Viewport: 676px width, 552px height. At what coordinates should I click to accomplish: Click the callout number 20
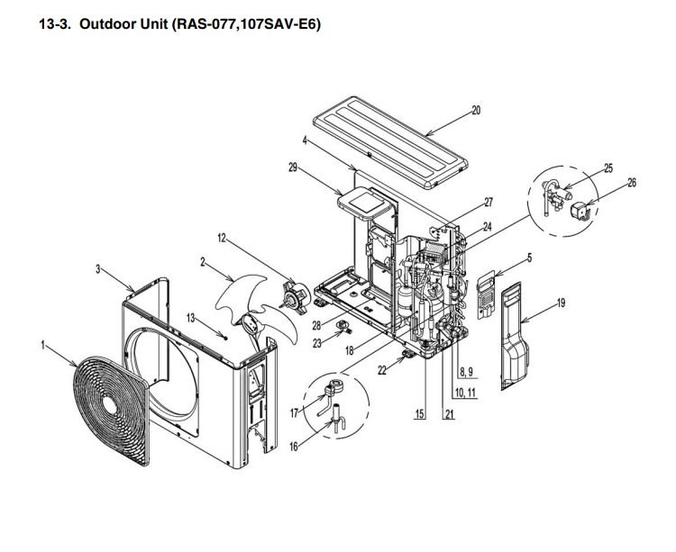click(476, 111)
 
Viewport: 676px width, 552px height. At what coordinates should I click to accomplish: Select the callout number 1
click(42, 345)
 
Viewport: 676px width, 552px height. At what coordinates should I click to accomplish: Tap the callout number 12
click(221, 238)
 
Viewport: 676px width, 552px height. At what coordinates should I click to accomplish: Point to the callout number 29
click(293, 167)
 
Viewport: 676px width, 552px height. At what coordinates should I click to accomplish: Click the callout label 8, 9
click(466, 371)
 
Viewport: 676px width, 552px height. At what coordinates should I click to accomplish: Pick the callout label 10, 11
click(465, 393)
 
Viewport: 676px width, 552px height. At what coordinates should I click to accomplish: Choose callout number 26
click(632, 183)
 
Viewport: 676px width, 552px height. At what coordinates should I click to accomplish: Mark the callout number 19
click(561, 303)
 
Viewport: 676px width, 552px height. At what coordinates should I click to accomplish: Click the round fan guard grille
click(112, 412)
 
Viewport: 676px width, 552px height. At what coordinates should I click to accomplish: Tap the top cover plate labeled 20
click(390, 142)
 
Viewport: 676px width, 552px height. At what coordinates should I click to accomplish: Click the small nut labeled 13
click(225, 335)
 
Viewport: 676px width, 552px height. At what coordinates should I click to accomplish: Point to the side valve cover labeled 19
click(515, 336)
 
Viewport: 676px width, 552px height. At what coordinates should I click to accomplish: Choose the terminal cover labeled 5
click(486, 295)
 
